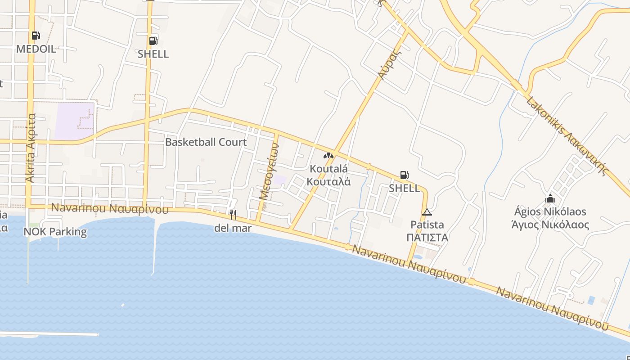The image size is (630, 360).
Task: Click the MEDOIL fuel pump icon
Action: point(36,35)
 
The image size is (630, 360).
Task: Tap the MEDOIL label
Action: point(36,49)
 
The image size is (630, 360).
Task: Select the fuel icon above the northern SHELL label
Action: point(153,40)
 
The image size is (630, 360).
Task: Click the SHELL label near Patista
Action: point(404,188)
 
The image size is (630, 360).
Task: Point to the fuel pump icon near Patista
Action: point(404,175)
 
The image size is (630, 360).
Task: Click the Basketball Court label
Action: point(206,142)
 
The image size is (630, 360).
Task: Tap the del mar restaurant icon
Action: point(233,214)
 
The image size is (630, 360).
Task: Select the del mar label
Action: point(233,228)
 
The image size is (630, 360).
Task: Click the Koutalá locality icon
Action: point(328,156)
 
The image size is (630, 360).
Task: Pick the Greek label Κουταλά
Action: point(328,182)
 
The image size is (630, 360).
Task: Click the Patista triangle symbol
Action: point(427,212)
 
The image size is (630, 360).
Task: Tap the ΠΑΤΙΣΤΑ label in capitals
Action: point(427,237)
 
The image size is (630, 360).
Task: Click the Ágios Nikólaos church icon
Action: point(550,198)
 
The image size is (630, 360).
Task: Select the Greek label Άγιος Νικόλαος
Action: point(550,224)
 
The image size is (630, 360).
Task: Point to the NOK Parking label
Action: point(55,232)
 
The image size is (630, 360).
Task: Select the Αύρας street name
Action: point(390,63)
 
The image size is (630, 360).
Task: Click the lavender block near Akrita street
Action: point(74,121)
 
